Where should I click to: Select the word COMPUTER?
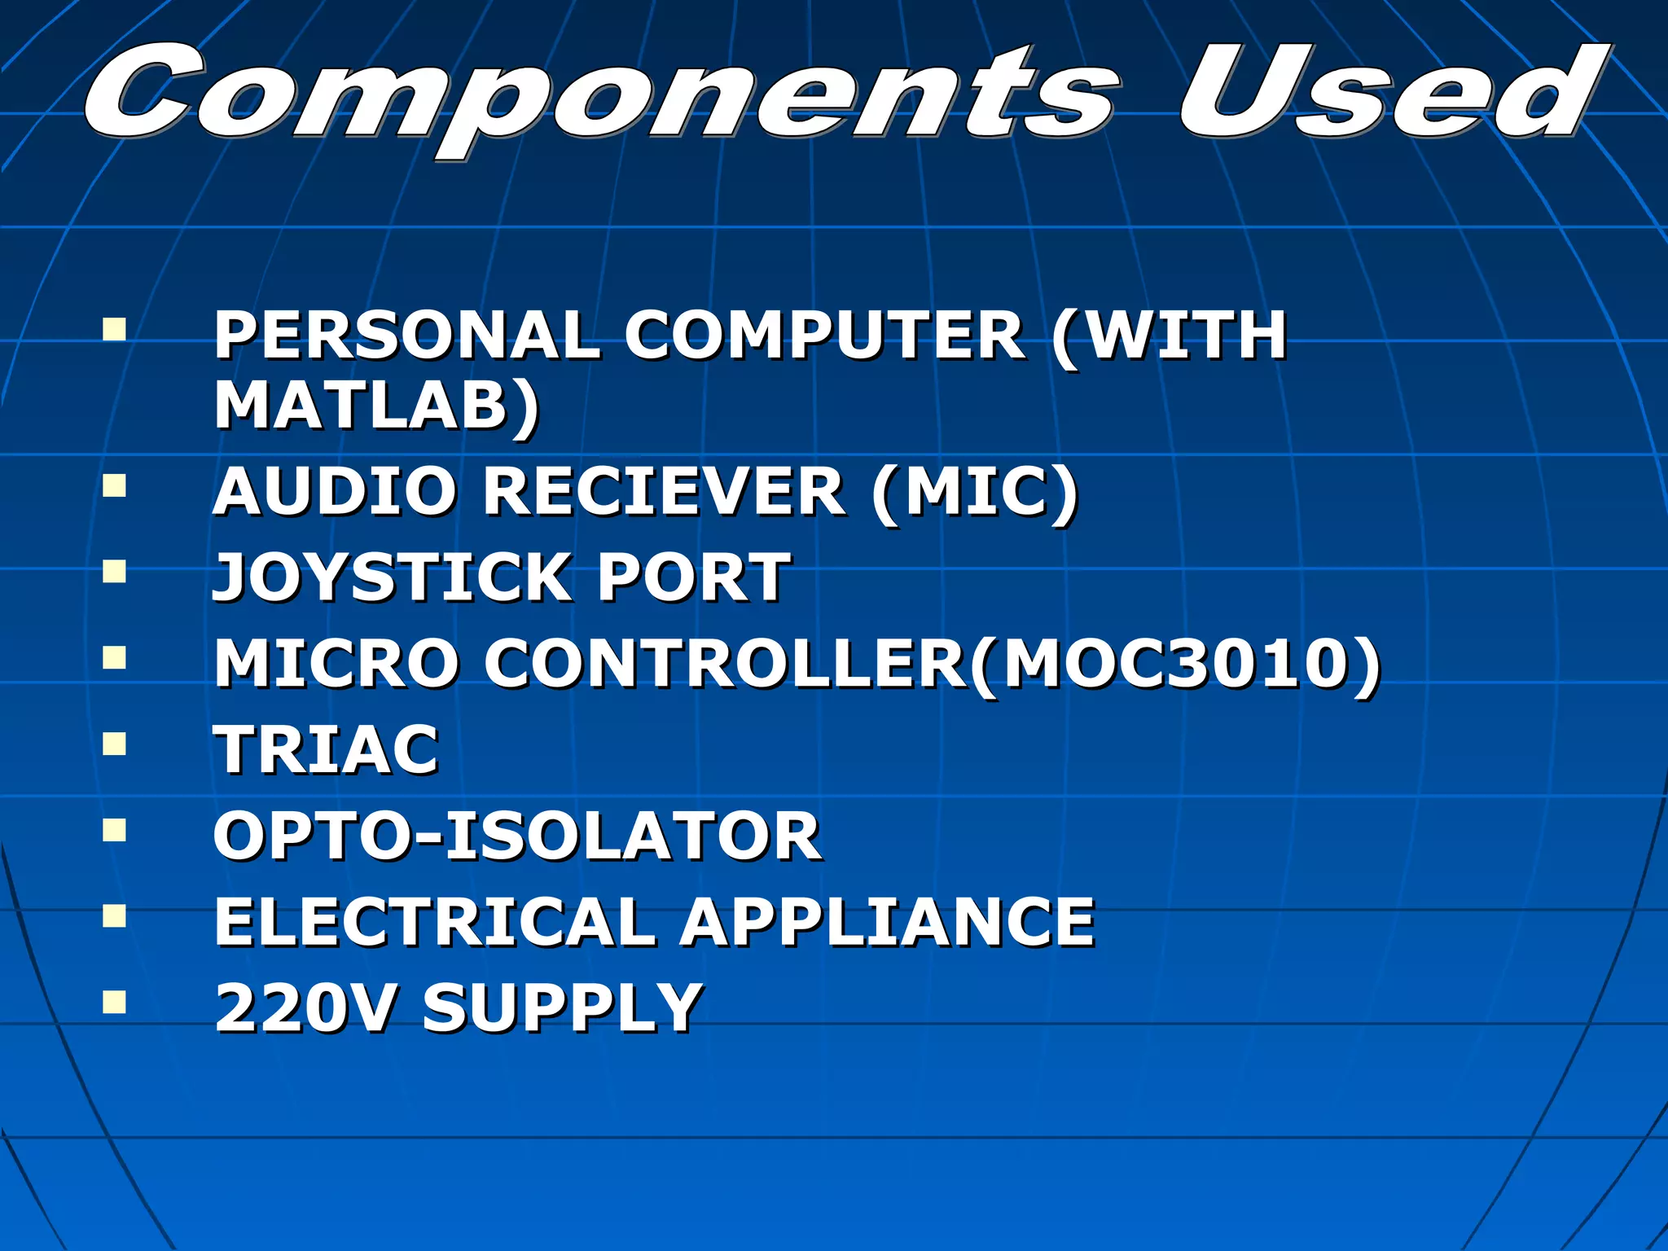[824, 336]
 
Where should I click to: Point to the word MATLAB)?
[376, 406]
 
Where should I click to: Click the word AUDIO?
[335, 492]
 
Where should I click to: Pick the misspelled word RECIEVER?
[664, 492]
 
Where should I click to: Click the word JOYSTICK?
[391, 577]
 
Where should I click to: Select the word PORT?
[694, 577]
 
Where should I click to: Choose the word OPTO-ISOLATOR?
[516, 836]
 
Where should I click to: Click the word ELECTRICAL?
[435, 923]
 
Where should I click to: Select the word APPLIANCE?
[888, 923]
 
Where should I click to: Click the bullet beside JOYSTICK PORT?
[115, 571]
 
